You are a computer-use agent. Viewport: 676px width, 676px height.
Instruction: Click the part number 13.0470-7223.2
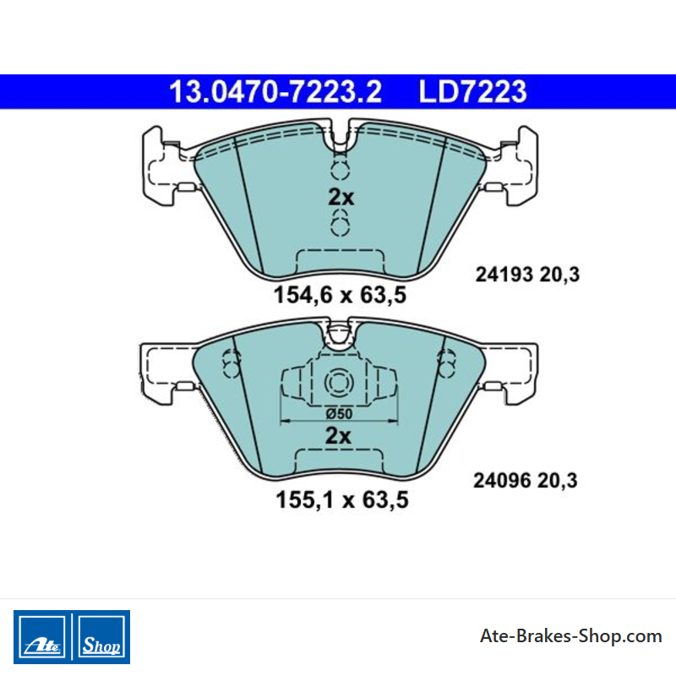(275, 92)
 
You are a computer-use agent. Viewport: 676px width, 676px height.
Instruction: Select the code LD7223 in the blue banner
(473, 92)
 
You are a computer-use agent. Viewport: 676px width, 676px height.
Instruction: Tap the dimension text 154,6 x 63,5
(341, 295)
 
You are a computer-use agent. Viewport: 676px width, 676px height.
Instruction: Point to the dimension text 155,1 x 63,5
(342, 500)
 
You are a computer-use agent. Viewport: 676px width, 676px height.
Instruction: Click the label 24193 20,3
(527, 275)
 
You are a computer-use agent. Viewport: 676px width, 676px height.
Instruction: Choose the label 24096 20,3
(526, 480)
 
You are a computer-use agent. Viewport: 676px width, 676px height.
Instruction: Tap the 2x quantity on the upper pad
(341, 198)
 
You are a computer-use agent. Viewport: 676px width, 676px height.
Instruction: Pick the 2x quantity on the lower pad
(338, 436)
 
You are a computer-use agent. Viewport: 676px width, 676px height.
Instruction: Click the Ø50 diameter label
(340, 414)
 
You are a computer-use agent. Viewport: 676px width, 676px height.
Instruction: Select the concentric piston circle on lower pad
(339, 383)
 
